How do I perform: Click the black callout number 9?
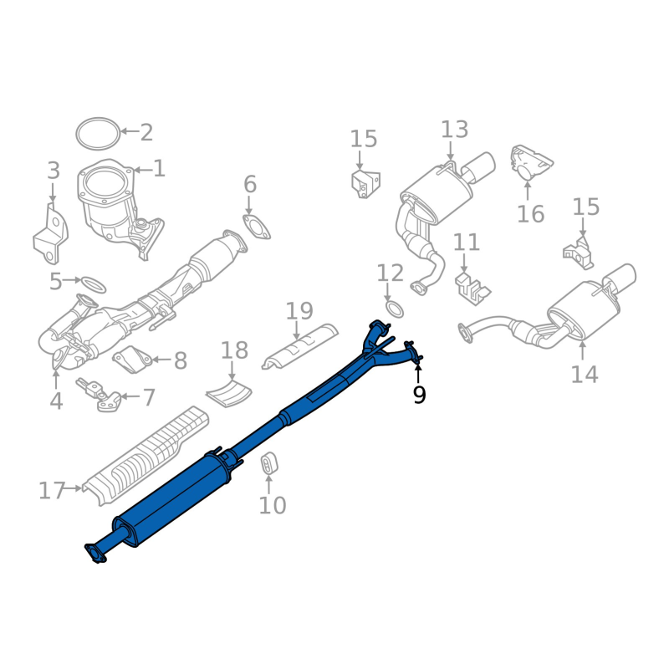coord(419,395)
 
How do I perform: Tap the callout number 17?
coord(52,491)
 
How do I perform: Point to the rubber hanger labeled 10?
coord(268,462)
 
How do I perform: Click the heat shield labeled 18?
coord(228,393)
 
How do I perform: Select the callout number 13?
coord(454,130)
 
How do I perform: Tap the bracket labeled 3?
coord(50,235)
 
